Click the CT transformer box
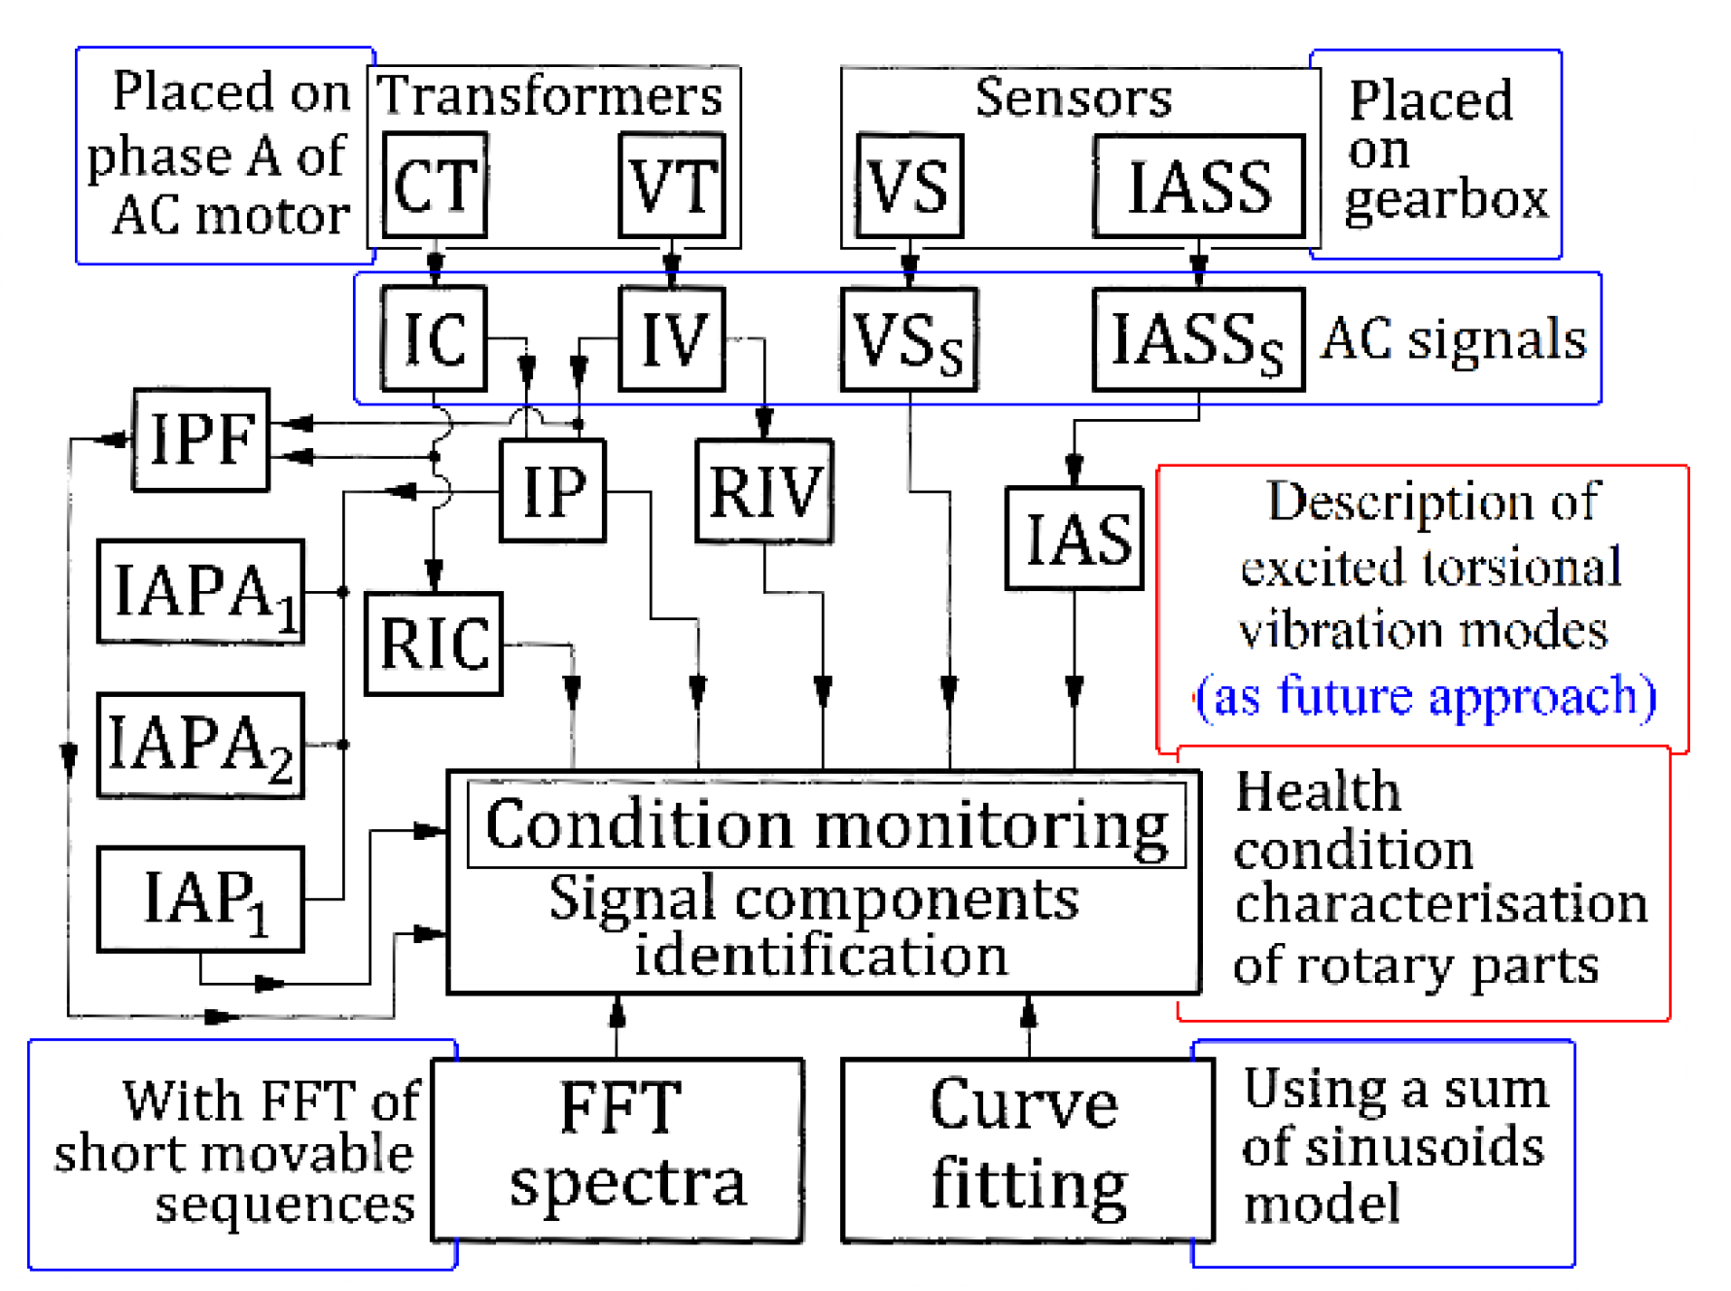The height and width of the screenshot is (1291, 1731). click(435, 185)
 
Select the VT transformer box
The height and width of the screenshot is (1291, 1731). click(672, 185)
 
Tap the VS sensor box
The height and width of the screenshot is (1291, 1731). click(909, 186)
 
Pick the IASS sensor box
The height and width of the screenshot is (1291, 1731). click(1198, 186)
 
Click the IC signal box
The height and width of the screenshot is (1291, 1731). click(434, 338)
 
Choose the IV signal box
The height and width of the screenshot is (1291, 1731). click(672, 338)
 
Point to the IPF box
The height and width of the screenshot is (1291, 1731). click(201, 439)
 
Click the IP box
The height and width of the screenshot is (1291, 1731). click(552, 491)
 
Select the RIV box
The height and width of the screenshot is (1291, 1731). click(764, 491)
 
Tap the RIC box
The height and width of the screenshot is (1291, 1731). click(434, 644)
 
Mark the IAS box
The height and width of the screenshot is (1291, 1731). click(1074, 539)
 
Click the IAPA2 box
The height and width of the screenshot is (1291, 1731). click(201, 746)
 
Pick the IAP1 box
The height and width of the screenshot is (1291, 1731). click(201, 899)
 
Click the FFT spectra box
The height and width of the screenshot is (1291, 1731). click(618, 1150)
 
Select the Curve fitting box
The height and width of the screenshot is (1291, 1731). click(1028, 1150)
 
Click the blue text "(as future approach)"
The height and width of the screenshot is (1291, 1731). click(1426, 696)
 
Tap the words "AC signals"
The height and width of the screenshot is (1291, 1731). click(1453, 339)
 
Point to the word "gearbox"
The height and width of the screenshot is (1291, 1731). click(1445, 200)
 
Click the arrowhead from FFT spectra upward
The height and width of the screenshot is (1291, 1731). click(617, 1013)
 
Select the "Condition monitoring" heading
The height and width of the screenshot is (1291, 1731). click(827, 824)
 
